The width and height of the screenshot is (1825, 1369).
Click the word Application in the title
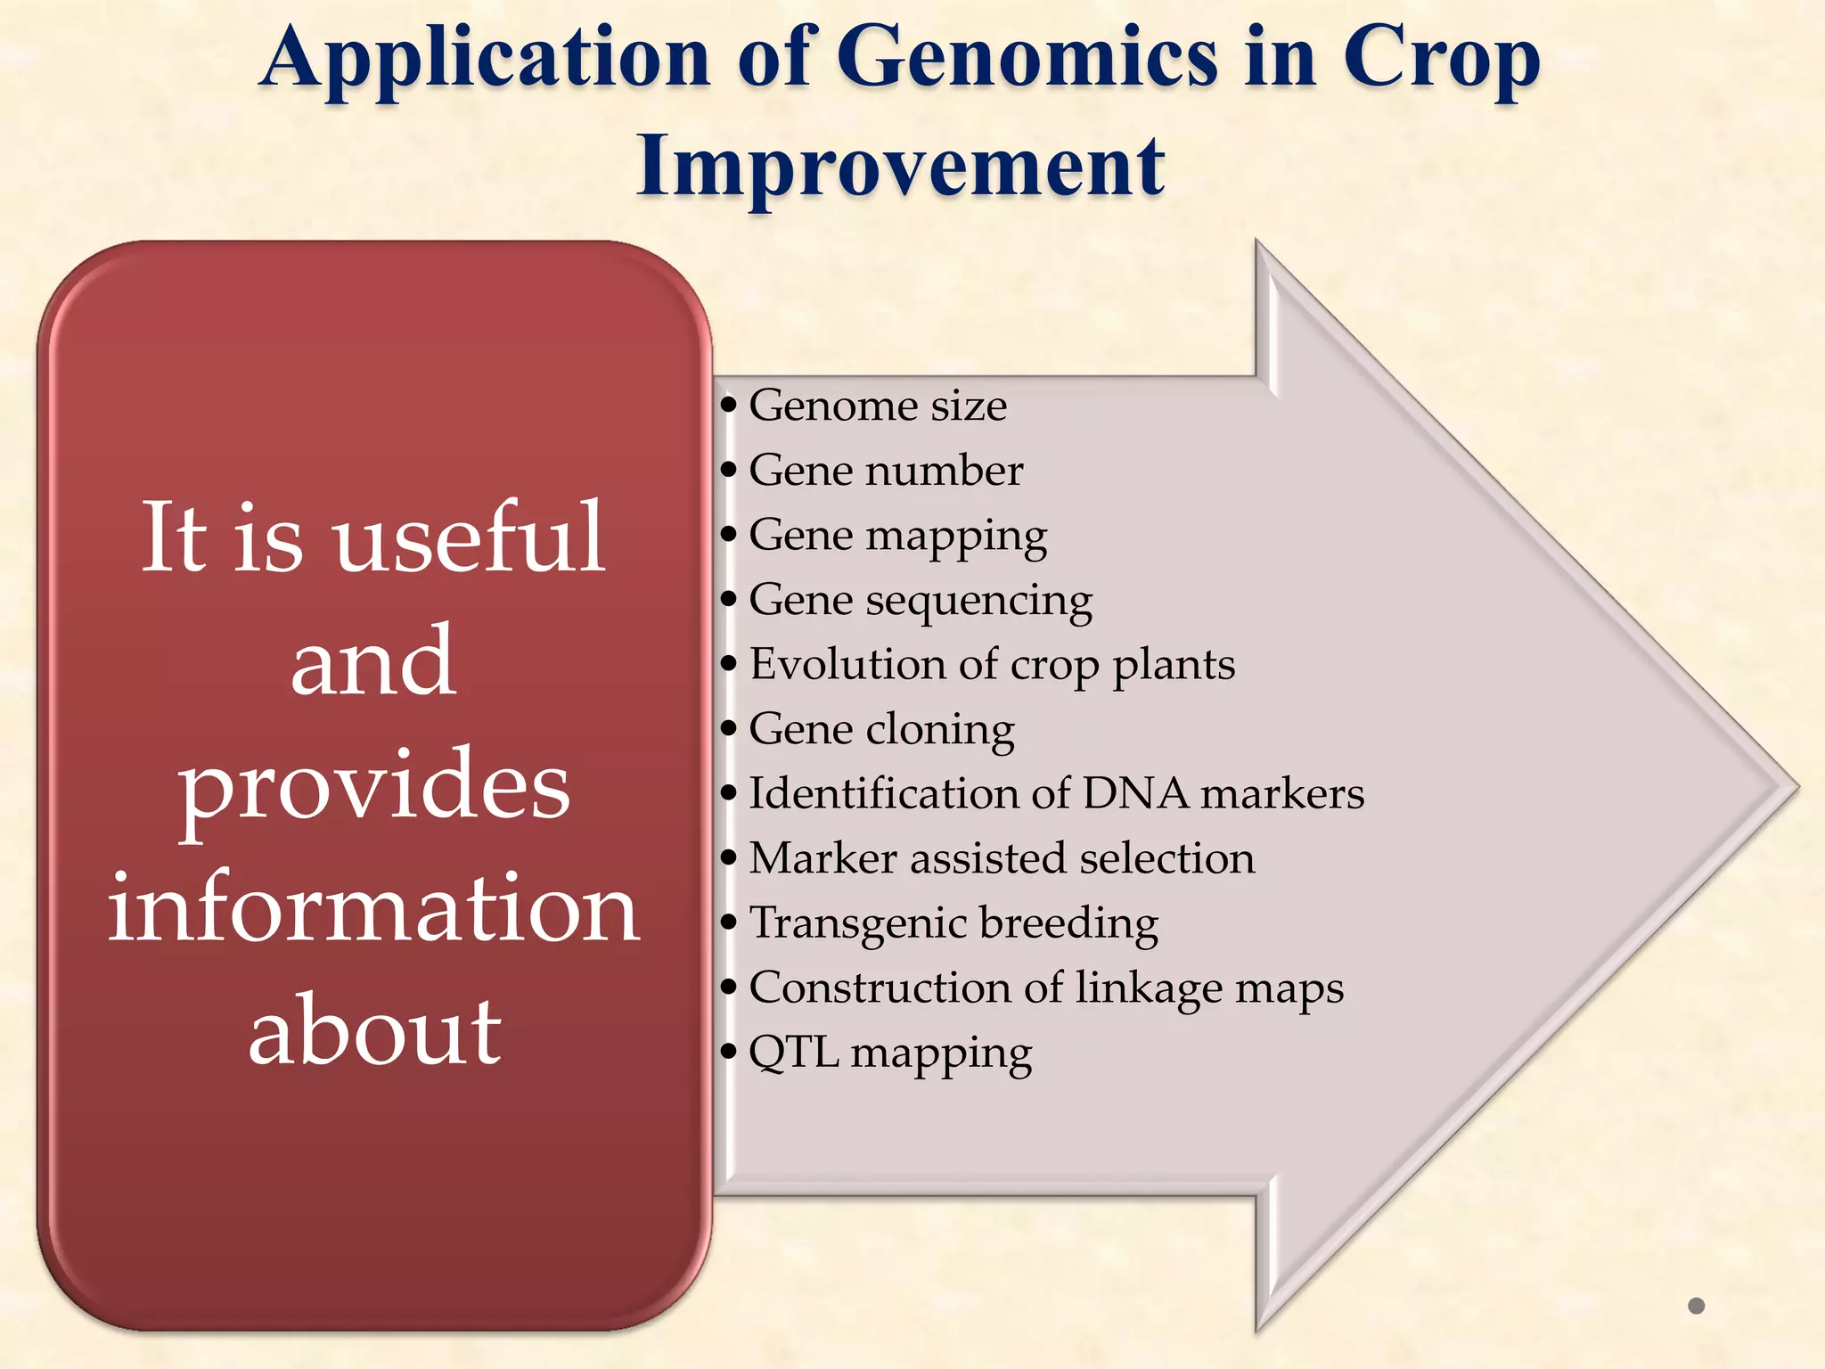pyautogui.click(x=486, y=59)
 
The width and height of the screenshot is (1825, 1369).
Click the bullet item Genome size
pyautogui.click(x=877, y=406)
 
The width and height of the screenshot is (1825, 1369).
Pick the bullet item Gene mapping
pyautogui.click(x=897, y=536)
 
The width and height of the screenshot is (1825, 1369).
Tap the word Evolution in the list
pyautogui.click(x=847, y=665)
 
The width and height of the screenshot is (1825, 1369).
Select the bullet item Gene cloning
pyautogui.click(x=881, y=730)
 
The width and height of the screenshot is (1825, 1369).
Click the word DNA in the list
pyautogui.click(x=1135, y=794)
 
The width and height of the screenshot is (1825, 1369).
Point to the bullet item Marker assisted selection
pyautogui.click(x=1001, y=859)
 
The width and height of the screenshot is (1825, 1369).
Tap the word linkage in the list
pyautogui.click(x=1145, y=988)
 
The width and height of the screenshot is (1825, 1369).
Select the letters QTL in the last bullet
pyautogui.click(x=793, y=1053)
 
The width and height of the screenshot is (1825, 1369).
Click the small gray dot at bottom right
pyautogui.click(x=1696, y=1306)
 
